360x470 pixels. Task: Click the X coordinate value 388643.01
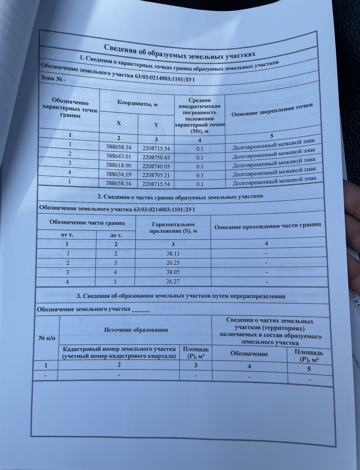[x=118, y=156]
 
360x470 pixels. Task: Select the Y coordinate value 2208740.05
[x=156, y=166]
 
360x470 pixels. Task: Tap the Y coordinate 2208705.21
[x=156, y=175]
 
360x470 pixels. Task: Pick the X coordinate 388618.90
[x=118, y=165]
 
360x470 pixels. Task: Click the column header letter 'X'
[x=119, y=123]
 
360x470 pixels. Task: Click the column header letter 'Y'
[x=156, y=125]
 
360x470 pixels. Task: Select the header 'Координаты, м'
[x=137, y=104]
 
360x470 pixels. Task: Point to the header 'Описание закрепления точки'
[x=272, y=110]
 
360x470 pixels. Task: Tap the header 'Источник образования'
[x=136, y=330]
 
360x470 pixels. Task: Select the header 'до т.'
[x=116, y=236]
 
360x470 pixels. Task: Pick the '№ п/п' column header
[x=47, y=338]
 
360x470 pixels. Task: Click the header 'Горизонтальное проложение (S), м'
[x=173, y=228]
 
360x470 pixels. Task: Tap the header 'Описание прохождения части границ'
[x=267, y=226]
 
